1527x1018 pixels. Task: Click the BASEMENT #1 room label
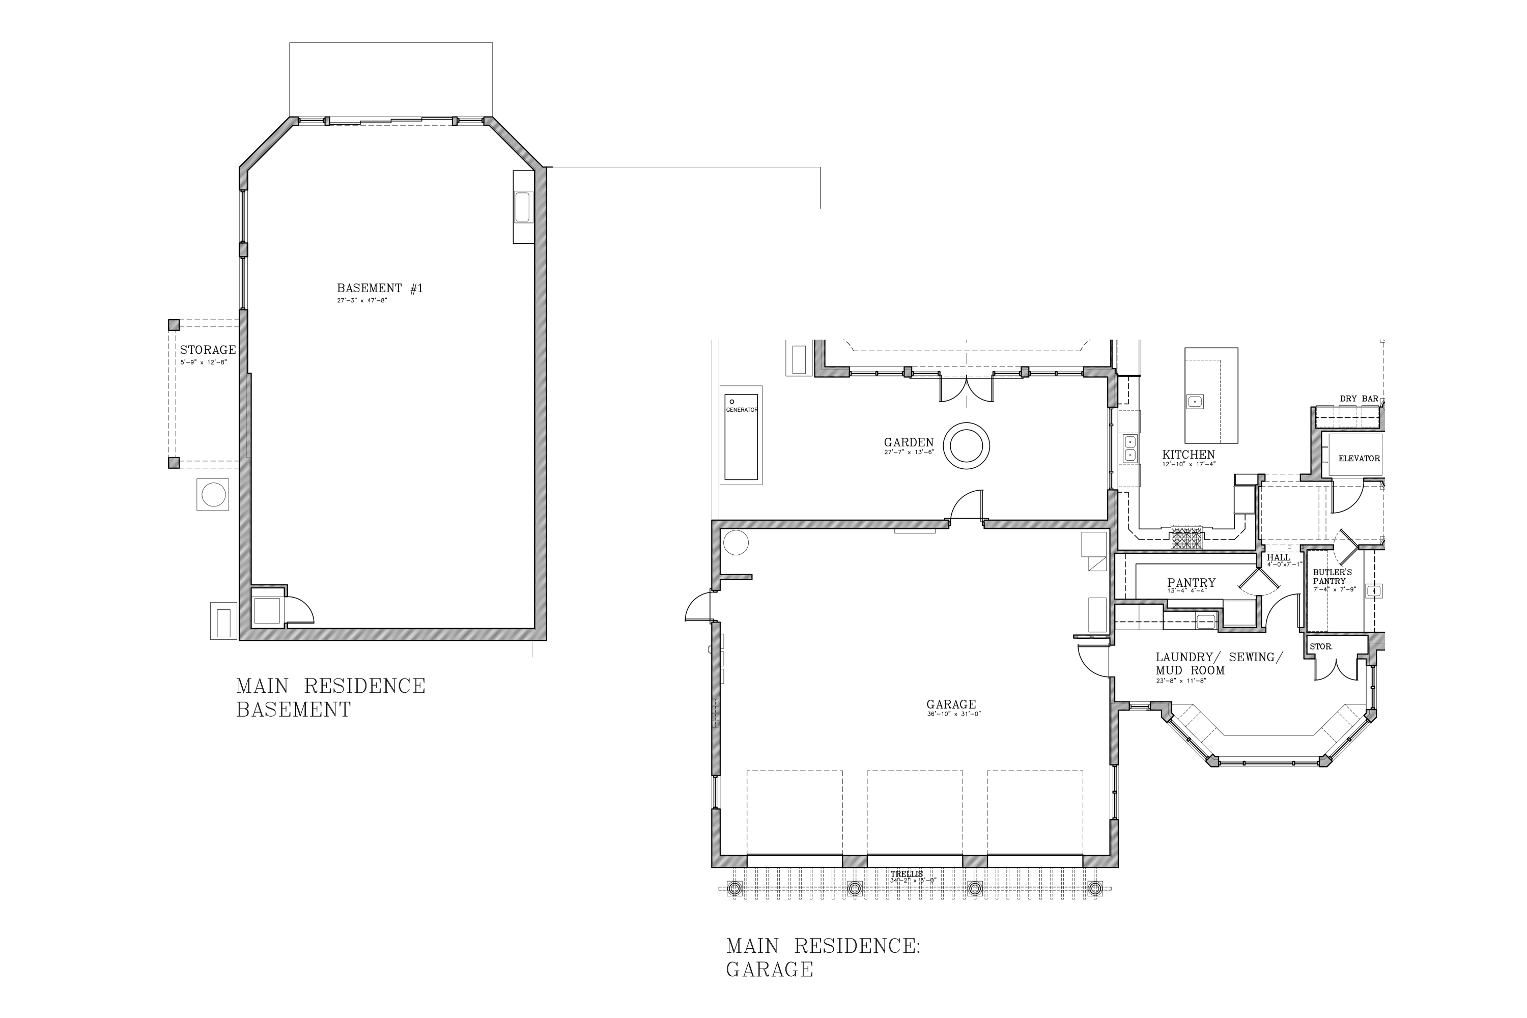pos(380,288)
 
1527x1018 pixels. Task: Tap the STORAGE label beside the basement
pos(208,350)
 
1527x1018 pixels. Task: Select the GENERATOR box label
pos(742,410)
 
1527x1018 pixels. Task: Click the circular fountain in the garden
pos(966,446)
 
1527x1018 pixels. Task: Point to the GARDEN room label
pos(909,443)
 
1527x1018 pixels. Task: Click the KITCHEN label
pos(1188,455)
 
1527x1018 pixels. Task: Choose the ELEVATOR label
pos(1359,459)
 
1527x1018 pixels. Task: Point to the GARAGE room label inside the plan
pos(951,704)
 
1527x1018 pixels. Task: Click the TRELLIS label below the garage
pos(907,874)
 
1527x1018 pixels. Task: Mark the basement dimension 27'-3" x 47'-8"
pos(361,301)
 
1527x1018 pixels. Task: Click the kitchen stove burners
pos(1187,537)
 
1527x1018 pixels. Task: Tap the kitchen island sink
pos(1195,401)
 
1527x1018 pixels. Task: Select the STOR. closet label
pos(1320,646)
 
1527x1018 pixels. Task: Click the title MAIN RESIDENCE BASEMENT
pos(330,697)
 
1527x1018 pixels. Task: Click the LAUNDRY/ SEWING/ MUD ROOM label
pos(1219,664)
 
